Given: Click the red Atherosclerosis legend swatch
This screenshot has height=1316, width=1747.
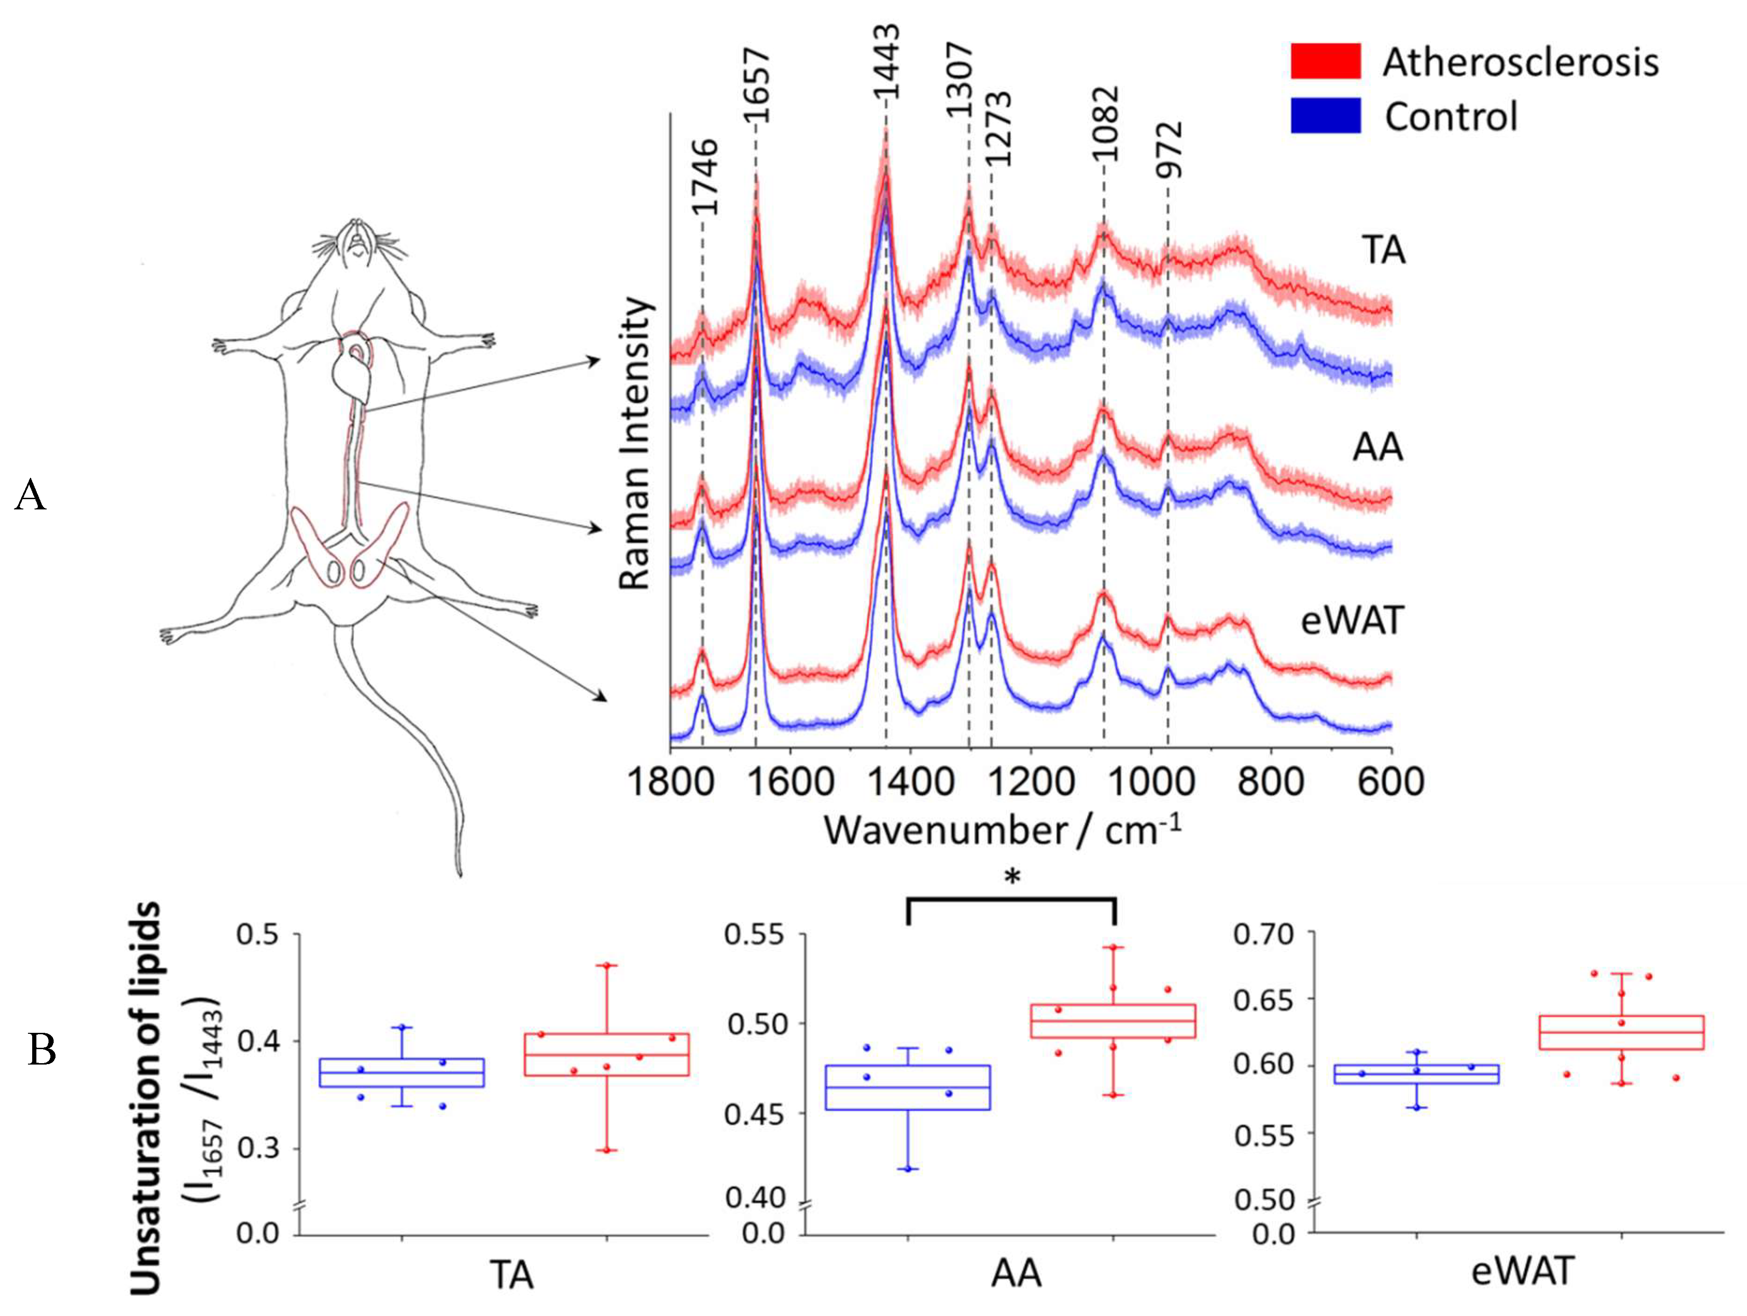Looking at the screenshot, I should click(1325, 61).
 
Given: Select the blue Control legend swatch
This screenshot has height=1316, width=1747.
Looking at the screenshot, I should click(1325, 115).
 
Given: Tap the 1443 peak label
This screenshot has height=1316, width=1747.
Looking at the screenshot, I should click(886, 62).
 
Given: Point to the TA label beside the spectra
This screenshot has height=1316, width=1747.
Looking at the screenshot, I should click(1383, 251).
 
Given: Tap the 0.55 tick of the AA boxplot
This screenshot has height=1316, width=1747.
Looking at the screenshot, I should click(754, 935).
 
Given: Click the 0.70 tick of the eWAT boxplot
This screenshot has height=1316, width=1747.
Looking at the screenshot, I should click(1264, 935).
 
